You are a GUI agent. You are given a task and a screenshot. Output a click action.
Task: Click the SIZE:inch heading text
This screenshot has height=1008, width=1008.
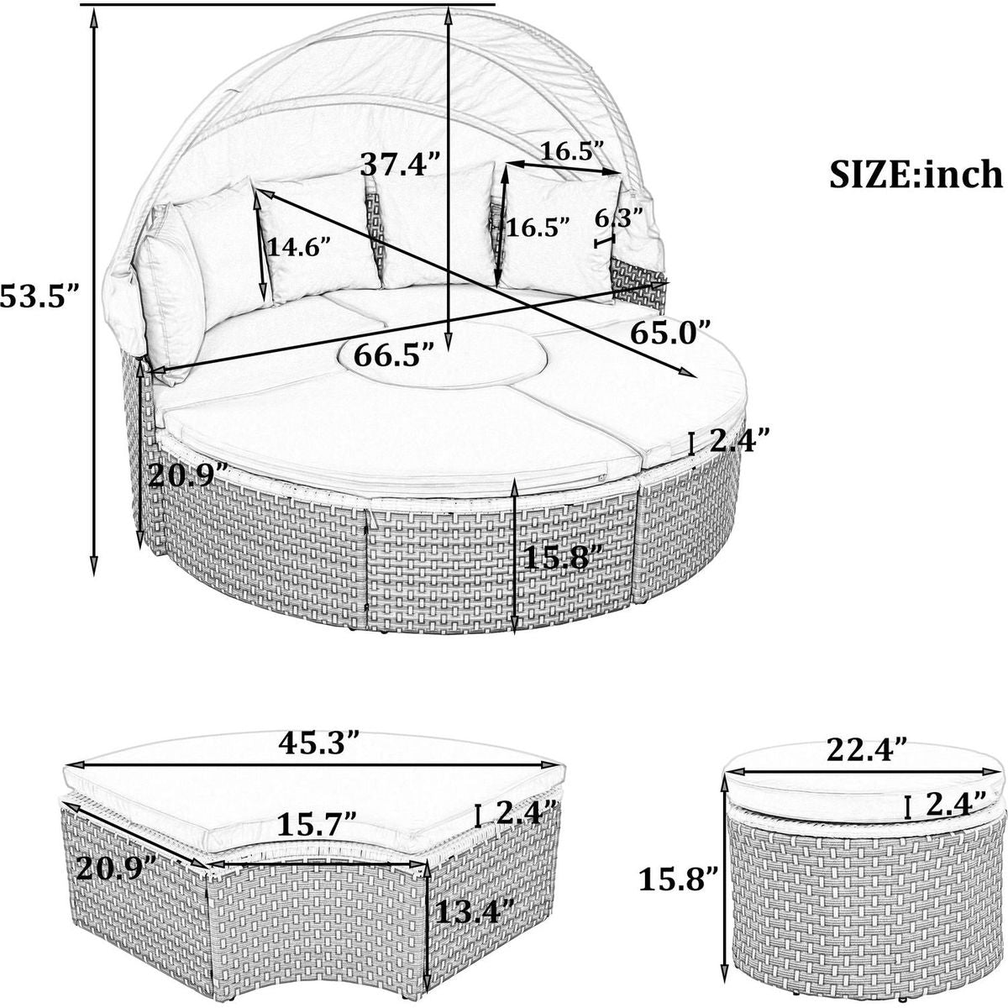click(916, 175)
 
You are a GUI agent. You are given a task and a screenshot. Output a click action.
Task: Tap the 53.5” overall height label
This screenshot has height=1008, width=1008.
click(39, 297)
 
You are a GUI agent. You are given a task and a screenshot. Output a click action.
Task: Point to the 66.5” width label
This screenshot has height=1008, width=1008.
click(394, 355)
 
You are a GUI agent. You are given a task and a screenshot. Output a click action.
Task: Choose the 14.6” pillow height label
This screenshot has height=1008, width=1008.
click(299, 246)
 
